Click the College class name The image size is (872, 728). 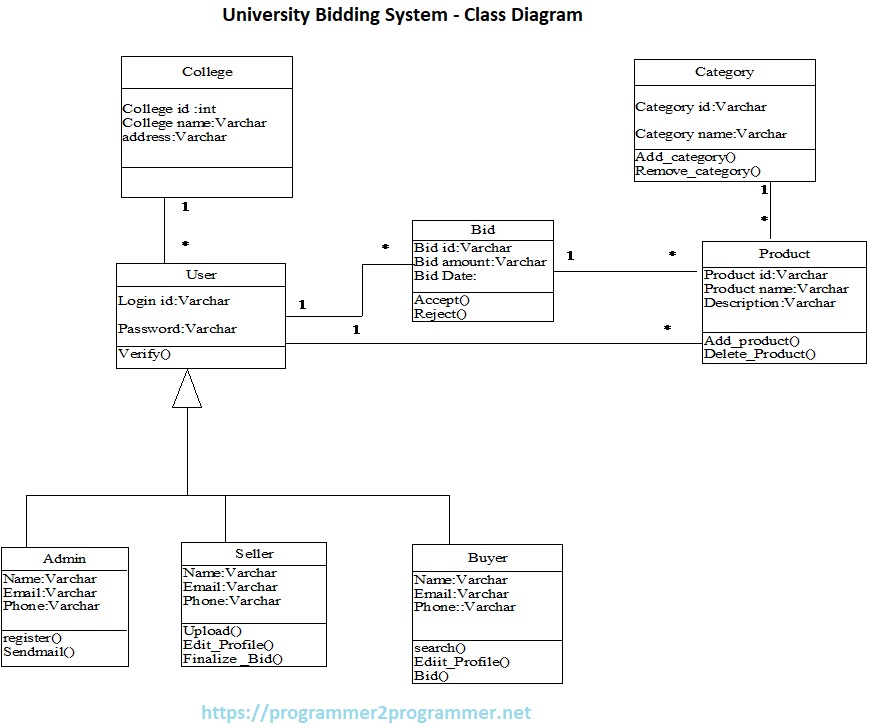207,72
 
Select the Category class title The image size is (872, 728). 724,72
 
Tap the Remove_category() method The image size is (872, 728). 697,171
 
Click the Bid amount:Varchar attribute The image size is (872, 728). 480,262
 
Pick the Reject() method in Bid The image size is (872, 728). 441,314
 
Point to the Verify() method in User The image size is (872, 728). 145,354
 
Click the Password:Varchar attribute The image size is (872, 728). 177,329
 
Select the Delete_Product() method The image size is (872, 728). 759,354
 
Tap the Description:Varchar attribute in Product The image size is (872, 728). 769,303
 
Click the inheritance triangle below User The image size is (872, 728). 187,390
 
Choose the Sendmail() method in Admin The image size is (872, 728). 39,652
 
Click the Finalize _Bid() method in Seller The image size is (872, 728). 232,659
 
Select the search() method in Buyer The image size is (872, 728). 439,648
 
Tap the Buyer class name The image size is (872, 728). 487,558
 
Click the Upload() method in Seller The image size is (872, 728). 212,631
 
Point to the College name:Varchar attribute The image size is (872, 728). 194,123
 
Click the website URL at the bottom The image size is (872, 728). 366,713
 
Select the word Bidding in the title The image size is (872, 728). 342,15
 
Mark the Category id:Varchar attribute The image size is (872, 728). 700,107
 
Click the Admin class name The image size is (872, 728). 64,559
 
